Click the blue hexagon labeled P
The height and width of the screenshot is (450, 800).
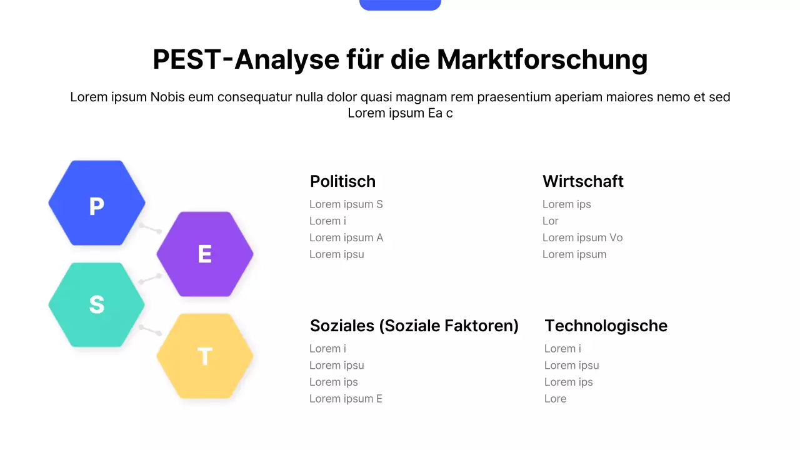click(97, 203)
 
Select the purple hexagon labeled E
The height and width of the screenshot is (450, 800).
click(205, 254)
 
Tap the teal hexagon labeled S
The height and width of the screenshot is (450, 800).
click(97, 304)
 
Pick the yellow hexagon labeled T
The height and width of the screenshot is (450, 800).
click(205, 356)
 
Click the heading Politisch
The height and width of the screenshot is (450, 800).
click(342, 181)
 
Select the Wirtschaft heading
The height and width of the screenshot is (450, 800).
click(582, 181)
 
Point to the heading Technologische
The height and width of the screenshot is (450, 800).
click(606, 326)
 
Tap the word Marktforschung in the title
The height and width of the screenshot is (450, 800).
click(542, 60)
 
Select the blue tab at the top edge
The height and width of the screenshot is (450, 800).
click(400, 4)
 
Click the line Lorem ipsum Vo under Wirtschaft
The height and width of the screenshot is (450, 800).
click(582, 237)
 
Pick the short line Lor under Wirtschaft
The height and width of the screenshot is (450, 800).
click(551, 221)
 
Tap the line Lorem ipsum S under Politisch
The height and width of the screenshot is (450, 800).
click(346, 204)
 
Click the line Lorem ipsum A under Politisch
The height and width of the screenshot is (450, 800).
click(346, 237)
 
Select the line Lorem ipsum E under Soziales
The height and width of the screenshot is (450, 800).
click(346, 399)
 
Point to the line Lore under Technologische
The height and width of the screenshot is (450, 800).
click(555, 399)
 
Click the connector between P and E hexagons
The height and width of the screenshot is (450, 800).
click(151, 228)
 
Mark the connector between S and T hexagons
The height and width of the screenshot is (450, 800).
click(151, 329)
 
